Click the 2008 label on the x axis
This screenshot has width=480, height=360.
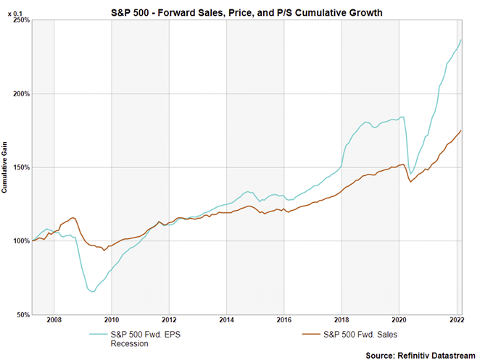click(54, 319)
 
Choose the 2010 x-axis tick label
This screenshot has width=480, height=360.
click(111, 319)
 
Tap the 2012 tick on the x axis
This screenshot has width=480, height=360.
click(168, 319)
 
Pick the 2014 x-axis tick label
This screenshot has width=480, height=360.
click(226, 319)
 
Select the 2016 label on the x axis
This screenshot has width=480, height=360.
click(284, 319)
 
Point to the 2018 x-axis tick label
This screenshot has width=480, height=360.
click(341, 319)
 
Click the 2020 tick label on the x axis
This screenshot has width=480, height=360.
click(399, 319)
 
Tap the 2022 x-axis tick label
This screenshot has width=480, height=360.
click(456, 319)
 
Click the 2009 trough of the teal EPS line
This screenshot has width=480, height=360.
click(93, 292)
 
